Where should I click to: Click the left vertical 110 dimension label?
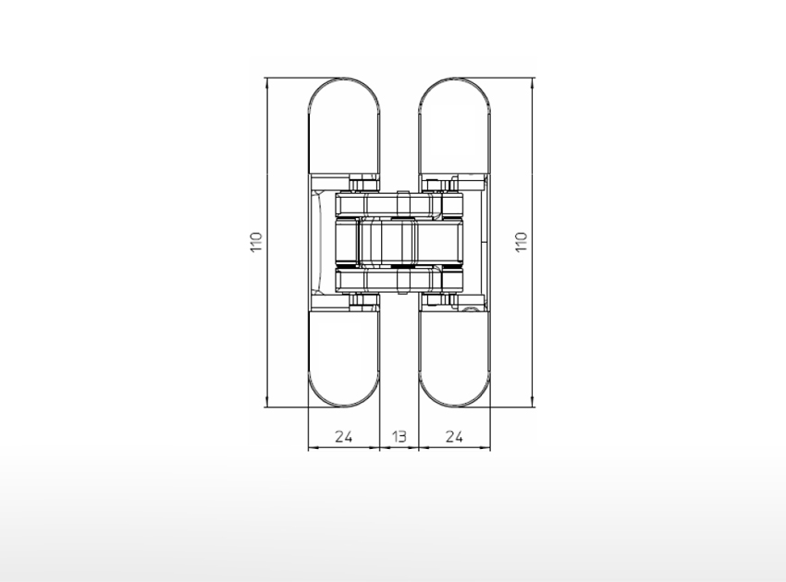256,242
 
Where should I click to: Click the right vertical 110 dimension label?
522,242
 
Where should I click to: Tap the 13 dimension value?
399,437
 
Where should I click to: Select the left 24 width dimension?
343,437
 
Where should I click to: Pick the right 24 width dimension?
454,437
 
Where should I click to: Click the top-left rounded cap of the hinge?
344,126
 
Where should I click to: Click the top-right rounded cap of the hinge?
454,126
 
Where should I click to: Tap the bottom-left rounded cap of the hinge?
344,359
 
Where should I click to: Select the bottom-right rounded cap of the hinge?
454,359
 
